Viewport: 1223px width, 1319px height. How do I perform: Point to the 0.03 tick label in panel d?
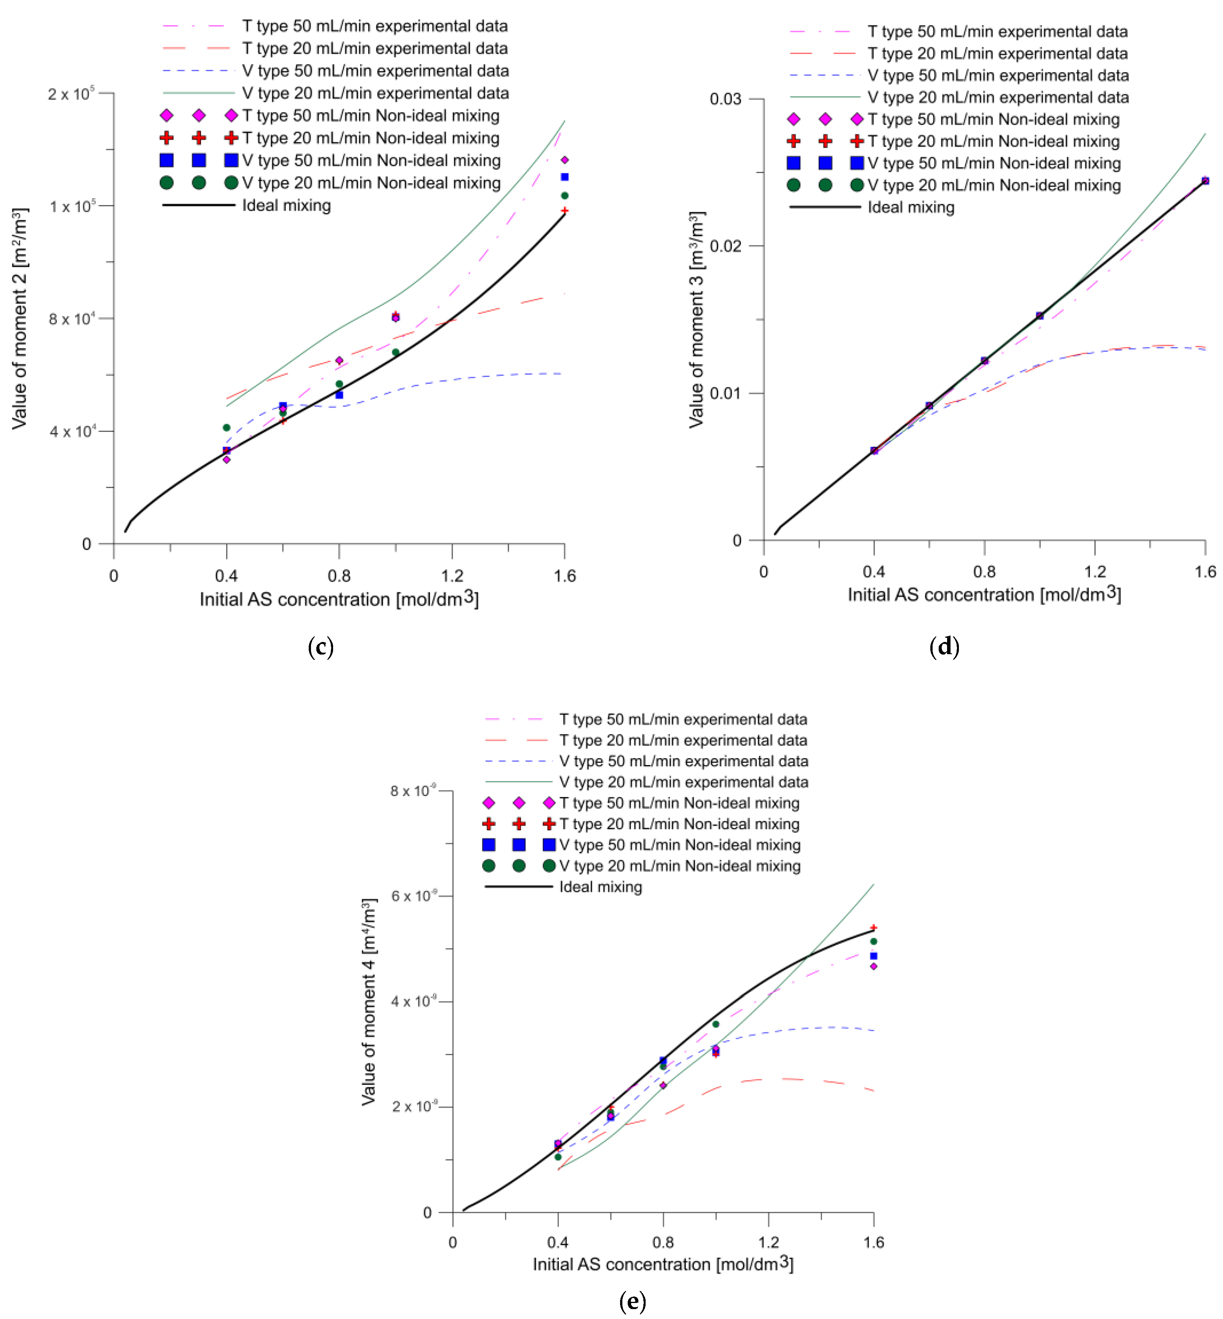click(x=725, y=99)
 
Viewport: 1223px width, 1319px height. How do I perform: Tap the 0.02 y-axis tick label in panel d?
click(x=725, y=246)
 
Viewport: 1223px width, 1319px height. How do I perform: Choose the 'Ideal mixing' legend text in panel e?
click(x=600, y=887)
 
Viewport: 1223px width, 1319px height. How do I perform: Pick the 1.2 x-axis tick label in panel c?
click(x=452, y=576)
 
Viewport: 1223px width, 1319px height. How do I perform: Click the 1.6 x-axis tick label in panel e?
click(x=874, y=1242)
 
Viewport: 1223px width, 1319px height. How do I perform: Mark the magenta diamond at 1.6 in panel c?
click(x=564, y=160)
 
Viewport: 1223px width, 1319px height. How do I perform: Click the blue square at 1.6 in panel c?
click(x=564, y=177)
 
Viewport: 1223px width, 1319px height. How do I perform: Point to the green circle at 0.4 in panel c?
click(x=226, y=428)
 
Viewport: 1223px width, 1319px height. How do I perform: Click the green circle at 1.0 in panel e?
click(x=715, y=1024)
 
